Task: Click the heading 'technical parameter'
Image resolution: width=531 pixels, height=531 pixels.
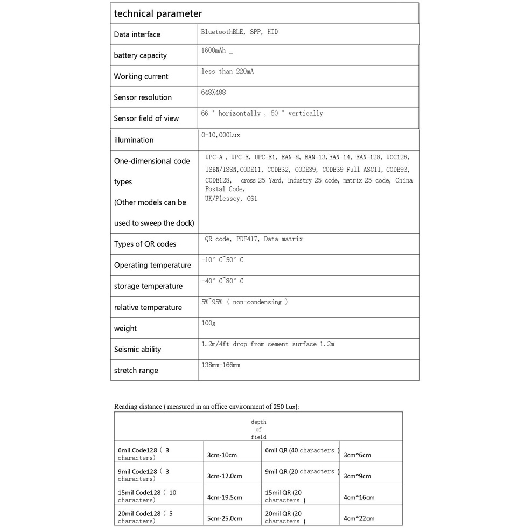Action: pyautogui.click(x=158, y=13)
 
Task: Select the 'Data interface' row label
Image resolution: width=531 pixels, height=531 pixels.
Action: pyautogui.click(x=137, y=34)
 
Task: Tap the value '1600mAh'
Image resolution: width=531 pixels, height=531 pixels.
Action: pyautogui.click(x=214, y=50)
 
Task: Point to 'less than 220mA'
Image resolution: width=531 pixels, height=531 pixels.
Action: pyautogui.click(x=227, y=71)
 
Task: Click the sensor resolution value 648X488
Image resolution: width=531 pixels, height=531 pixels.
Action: pyautogui.click(x=213, y=92)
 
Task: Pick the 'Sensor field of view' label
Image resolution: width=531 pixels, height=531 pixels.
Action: pyautogui.click(x=146, y=118)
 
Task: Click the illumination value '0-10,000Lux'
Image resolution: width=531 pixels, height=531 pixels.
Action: pyautogui.click(x=221, y=135)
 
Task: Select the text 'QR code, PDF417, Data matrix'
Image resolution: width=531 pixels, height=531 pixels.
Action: pyautogui.click(x=254, y=239)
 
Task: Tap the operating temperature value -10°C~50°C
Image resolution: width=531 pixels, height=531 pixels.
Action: pyautogui.click(x=222, y=260)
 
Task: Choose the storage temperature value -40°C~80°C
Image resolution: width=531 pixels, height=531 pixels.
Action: pyautogui.click(x=222, y=281)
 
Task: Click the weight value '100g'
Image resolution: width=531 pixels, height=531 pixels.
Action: pyautogui.click(x=208, y=323)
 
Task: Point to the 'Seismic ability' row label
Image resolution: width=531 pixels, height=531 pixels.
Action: pyautogui.click(x=137, y=350)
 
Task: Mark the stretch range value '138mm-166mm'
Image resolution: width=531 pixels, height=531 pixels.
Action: pyautogui.click(x=221, y=365)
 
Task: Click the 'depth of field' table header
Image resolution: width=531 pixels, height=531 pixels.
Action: pyautogui.click(x=258, y=429)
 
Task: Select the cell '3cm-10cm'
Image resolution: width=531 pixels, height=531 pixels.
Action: pyautogui.click(x=222, y=455)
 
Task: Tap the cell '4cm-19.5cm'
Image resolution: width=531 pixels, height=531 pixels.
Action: pyautogui.click(x=225, y=498)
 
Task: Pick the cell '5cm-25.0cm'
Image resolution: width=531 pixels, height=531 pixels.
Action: pyautogui.click(x=225, y=519)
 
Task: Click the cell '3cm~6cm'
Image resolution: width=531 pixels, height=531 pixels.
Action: pyautogui.click(x=357, y=455)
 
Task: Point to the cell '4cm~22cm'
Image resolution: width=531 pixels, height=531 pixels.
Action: pyautogui.click(x=359, y=519)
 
